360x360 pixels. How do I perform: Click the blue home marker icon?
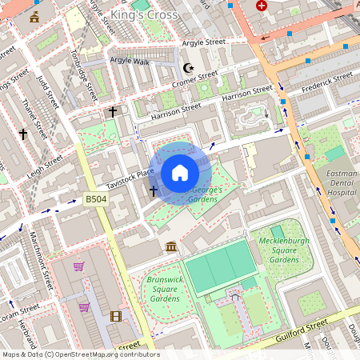click(x=180, y=173)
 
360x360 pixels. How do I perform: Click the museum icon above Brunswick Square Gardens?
click(x=171, y=247)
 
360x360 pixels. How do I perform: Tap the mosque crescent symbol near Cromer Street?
click(x=189, y=68)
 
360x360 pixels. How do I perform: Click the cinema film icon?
click(x=115, y=316)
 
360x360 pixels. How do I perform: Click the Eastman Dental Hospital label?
click(x=341, y=182)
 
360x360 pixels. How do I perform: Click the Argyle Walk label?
click(x=130, y=61)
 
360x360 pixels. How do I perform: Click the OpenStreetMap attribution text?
click(x=80, y=354)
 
